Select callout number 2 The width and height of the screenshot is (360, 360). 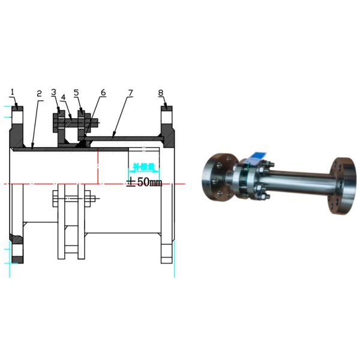(39, 94)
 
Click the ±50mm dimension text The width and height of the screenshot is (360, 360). (144, 182)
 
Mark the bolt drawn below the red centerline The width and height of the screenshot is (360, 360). (71, 197)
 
